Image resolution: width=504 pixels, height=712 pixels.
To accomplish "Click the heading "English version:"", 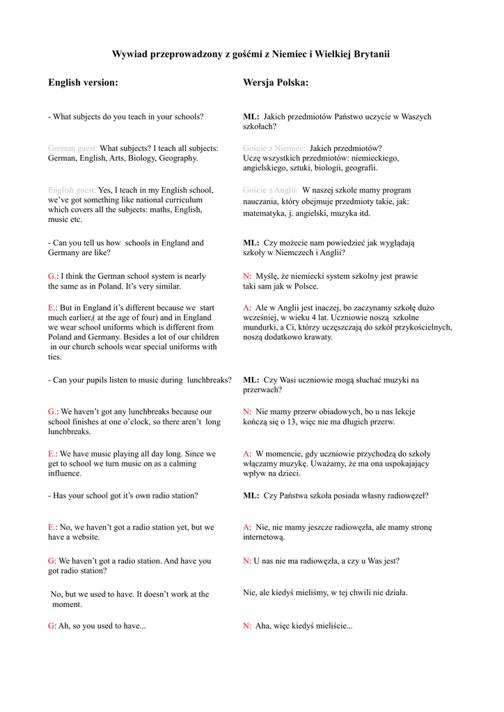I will (x=83, y=83).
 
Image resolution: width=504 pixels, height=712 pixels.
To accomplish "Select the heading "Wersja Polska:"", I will (x=276, y=83).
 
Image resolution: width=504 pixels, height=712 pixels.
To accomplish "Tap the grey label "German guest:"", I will (x=73, y=148).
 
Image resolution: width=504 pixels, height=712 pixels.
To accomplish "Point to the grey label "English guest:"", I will (x=72, y=190).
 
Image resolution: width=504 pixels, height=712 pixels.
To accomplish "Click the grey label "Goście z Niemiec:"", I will (x=274, y=148).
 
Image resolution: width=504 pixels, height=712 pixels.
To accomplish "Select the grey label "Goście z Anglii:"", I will (x=271, y=190).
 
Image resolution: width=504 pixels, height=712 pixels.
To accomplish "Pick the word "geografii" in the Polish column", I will (x=358, y=168).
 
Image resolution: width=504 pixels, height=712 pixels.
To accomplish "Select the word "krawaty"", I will (x=316, y=337).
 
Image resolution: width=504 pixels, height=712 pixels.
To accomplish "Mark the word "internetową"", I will (x=264, y=537).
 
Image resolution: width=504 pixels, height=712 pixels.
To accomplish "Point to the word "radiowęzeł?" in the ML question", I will (x=408, y=496).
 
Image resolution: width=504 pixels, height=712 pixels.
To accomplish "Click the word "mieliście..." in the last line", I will (x=333, y=626).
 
